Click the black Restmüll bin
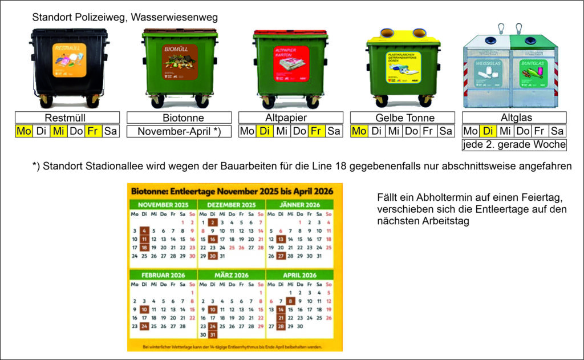(x=68, y=66)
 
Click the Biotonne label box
(x=179, y=118)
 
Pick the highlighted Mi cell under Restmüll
(x=58, y=131)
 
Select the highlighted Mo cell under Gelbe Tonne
(x=358, y=131)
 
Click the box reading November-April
(x=179, y=131)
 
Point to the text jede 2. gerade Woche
(x=514, y=144)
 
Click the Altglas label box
(x=514, y=118)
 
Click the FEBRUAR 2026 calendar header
(x=162, y=274)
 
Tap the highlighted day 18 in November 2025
(x=144, y=248)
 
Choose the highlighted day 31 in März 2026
(x=213, y=335)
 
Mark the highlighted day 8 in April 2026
(x=291, y=301)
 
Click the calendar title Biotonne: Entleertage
(x=234, y=191)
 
